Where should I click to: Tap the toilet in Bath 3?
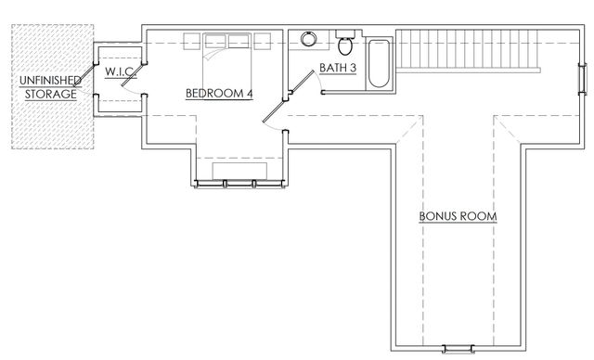(345, 45)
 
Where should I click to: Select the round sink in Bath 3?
(309, 40)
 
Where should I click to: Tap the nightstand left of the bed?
(191, 39)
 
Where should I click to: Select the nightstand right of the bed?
(263, 39)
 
